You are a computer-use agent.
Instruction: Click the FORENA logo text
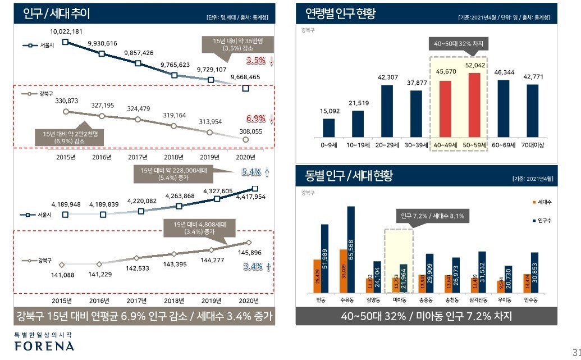coord(44,345)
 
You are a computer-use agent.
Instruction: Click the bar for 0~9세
coord(328,127)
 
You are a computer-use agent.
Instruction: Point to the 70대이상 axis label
coord(533,145)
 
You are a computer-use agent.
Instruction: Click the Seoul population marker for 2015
coord(66,41)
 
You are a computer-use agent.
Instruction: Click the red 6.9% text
coord(255,119)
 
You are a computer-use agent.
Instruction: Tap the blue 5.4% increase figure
coord(252,172)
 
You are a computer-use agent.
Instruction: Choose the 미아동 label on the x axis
coord(399,301)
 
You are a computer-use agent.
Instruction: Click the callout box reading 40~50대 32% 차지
coord(459,44)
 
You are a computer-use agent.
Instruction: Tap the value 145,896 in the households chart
coord(250,252)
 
